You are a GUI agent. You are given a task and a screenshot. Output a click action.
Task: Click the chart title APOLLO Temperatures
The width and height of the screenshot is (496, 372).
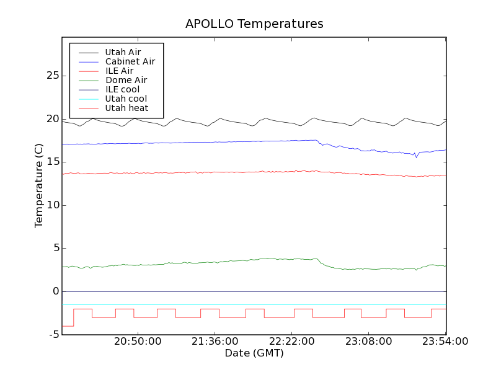click(254, 24)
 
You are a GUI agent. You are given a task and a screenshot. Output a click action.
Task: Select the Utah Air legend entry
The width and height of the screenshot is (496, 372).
click(123, 52)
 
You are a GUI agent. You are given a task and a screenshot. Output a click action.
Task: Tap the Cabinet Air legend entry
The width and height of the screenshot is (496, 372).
click(130, 61)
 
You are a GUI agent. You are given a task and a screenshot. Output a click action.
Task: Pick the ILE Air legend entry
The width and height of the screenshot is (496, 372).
click(119, 71)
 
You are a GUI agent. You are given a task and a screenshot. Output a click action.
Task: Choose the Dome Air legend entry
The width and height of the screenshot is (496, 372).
click(126, 80)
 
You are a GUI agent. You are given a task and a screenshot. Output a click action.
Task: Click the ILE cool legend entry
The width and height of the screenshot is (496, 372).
click(122, 89)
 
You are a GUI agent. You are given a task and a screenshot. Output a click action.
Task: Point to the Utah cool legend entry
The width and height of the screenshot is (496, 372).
click(126, 99)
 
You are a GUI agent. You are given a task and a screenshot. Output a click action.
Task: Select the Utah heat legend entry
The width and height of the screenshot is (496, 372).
click(126, 108)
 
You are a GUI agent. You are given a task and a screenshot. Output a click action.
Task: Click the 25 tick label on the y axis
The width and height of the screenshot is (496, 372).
click(52, 76)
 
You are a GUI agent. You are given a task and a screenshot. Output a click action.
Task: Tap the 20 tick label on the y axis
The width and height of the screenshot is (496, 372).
click(52, 119)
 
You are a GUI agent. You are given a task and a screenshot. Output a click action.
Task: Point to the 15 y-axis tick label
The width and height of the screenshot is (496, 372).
click(52, 162)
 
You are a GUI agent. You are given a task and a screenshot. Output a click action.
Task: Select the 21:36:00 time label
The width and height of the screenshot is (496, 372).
click(215, 342)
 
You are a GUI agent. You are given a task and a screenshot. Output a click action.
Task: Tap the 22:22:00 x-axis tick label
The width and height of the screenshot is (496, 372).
click(292, 342)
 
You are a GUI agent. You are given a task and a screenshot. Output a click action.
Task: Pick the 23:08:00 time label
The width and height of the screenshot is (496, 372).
click(369, 342)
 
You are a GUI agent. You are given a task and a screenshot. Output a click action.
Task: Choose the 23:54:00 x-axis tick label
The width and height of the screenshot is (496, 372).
click(446, 342)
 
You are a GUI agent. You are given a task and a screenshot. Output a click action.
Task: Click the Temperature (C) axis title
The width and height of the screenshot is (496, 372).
click(39, 186)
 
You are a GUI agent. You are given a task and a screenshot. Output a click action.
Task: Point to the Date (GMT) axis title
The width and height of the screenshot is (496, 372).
click(254, 353)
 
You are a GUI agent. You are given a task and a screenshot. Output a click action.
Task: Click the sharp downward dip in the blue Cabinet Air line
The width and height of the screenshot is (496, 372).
click(417, 157)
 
